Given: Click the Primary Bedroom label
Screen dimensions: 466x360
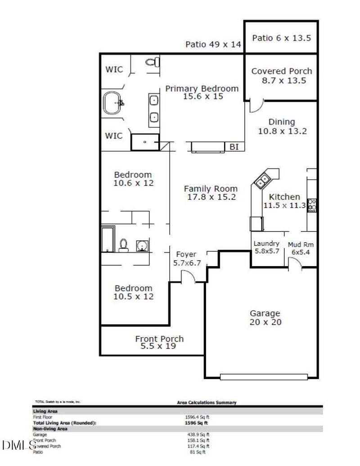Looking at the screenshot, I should coord(202,92).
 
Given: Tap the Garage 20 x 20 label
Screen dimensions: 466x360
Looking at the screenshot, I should coord(265,317).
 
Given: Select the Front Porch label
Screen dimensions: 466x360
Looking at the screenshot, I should coord(159,342).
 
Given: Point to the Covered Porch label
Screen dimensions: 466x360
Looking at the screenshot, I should coord(281,76).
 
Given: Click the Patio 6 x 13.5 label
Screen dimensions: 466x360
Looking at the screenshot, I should coord(281,38).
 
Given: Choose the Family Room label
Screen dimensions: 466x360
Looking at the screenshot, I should coord(210,193).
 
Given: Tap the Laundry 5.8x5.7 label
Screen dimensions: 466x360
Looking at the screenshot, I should coord(267,247).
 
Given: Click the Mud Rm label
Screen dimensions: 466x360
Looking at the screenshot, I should coord(301,248).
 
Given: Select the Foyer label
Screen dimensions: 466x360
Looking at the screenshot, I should coord(186,258).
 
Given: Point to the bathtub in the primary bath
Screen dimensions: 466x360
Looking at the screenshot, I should coord(112,103).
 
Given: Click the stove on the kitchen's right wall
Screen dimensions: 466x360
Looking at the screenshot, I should coord(311,205).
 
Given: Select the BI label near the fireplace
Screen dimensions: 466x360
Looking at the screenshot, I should coord(234,147).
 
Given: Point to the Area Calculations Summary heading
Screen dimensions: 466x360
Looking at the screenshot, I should coord(207,402).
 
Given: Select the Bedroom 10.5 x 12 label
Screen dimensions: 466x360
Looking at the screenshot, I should coord(134,292).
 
